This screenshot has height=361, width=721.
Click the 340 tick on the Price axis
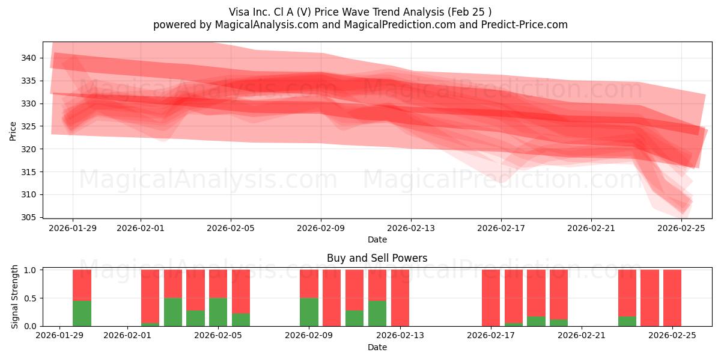(x=29, y=58)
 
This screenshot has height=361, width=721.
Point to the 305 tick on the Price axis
(x=29, y=217)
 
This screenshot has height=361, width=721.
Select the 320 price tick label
(x=29, y=149)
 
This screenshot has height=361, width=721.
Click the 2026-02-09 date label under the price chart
(x=321, y=228)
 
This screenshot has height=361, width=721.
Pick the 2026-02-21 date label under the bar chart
(x=582, y=336)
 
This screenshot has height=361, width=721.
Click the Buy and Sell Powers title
(x=377, y=258)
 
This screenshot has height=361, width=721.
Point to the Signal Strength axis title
(x=15, y=297)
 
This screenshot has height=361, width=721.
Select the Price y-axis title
(x=13, y=130)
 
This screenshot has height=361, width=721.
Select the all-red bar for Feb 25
(x=672, y=298)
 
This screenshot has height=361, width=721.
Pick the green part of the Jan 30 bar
(x=82, y=313)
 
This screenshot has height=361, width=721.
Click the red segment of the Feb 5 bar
(x=218, y=283)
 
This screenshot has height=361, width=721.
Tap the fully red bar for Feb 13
(x=400, y=298)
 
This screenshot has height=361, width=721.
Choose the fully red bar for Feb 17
(x=491, y=298)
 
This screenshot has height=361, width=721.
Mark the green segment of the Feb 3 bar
(x=173, y=312)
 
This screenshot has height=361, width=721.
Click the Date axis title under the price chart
(x=377, y=239)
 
